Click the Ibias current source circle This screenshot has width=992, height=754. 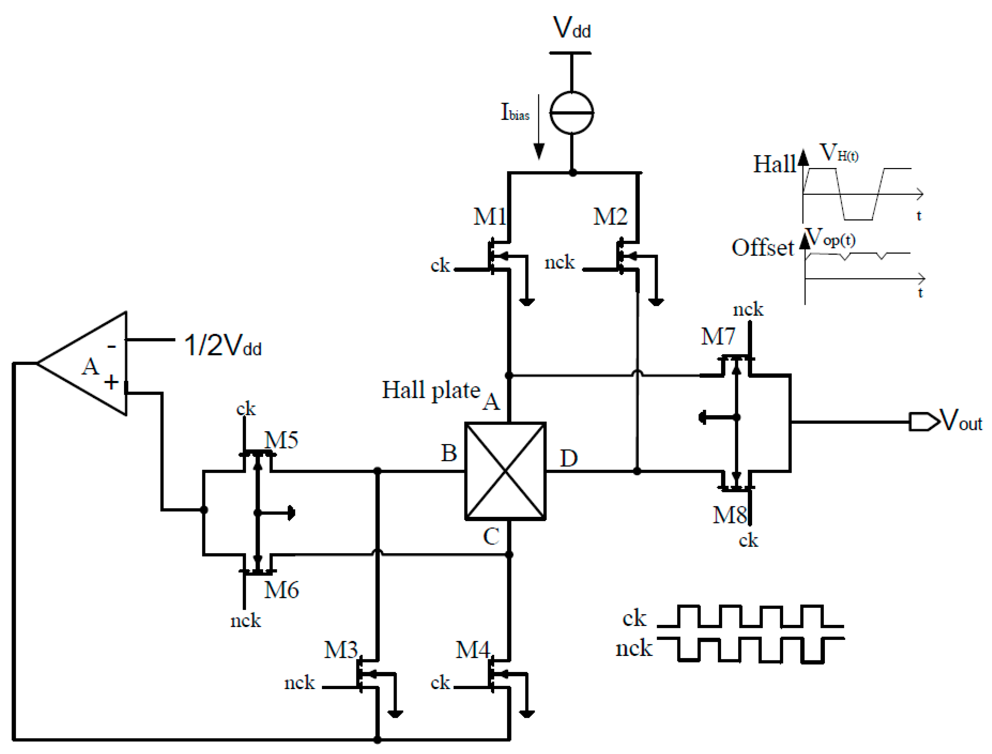pos(572,113)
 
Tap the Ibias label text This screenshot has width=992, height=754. pos(515,112)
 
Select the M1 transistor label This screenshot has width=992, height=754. pos(489,217)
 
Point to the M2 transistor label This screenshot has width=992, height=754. pos(610,217)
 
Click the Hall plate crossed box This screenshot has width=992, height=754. pos(505,471)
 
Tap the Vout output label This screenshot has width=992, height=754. pos(961,421)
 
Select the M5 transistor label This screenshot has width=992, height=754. pos(282,440)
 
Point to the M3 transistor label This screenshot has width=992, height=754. pos(341,650)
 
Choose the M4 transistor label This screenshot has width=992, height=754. pos(473,650)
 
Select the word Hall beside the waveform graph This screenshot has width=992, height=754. pos(774,164)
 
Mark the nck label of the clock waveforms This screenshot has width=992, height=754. pos(633,648)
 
